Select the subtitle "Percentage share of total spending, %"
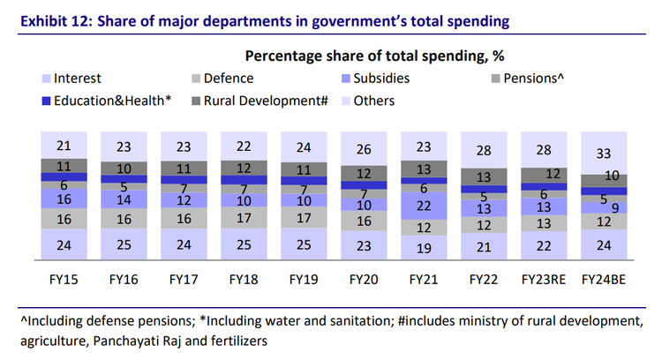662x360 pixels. [374, 56]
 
